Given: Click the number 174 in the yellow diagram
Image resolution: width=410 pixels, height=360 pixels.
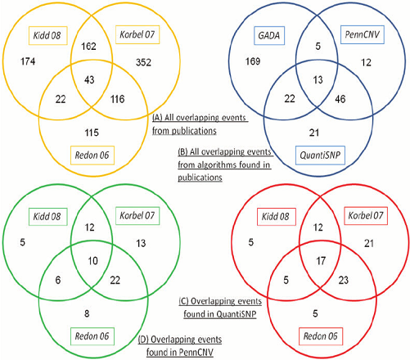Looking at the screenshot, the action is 28,61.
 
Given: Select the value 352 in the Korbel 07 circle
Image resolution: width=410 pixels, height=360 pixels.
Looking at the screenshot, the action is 143,62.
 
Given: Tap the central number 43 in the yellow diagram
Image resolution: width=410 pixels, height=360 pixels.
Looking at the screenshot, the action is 89,79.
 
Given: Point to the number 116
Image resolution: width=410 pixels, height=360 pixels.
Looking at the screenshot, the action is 118,99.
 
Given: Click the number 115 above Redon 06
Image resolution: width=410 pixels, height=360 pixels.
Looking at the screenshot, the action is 92,133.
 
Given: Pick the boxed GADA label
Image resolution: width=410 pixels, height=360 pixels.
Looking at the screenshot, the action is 269,35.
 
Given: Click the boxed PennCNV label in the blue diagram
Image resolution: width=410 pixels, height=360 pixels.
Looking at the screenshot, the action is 363,34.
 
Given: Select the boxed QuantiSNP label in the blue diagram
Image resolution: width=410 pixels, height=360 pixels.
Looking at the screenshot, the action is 320,155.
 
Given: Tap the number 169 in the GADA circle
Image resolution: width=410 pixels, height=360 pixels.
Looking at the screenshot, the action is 253,61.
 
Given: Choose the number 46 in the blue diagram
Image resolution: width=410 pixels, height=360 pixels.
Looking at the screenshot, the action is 340,99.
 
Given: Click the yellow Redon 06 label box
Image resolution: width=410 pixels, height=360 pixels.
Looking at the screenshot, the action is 92,155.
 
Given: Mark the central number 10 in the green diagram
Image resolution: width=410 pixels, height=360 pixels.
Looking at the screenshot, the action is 92,261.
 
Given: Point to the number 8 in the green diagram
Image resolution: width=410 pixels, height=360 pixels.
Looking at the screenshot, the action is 87,313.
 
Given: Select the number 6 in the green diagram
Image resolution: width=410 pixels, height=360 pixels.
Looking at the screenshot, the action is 58,280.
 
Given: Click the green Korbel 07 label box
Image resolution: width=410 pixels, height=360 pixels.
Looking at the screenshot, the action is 137,216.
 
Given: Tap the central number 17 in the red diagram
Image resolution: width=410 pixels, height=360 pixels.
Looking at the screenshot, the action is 321,261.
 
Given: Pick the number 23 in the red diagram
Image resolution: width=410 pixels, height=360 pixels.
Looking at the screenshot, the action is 344,280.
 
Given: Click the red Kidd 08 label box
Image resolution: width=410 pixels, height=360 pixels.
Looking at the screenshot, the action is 277,217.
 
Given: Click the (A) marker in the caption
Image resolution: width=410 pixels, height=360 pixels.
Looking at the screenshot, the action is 157,118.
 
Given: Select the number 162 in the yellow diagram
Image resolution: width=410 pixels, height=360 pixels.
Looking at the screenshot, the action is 88,46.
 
